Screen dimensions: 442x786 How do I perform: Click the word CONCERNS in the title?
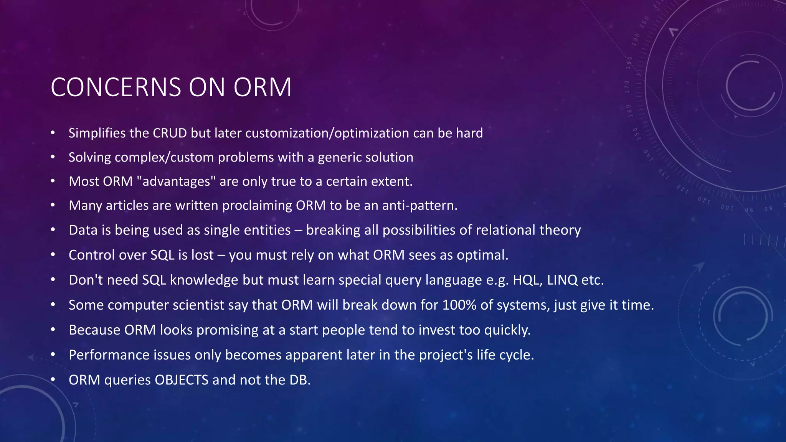(x=116, y=87)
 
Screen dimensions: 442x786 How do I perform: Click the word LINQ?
(x=562, y=280)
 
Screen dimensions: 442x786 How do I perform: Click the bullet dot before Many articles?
(x=53, y=206)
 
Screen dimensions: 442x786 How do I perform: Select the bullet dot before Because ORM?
(x=53, y=330)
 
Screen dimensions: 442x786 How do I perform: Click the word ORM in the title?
(x=263, y=87)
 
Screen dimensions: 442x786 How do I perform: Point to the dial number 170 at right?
(x=627, y=87)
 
